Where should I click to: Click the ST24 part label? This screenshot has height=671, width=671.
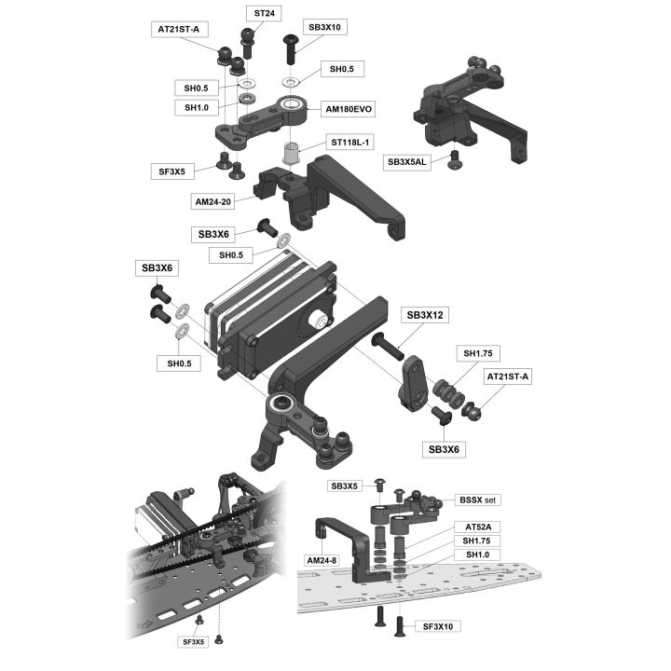(x=264, y=13)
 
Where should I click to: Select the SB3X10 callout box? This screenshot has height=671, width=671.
(x=324, y=27)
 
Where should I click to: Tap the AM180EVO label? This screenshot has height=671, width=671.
(x=349, y=109)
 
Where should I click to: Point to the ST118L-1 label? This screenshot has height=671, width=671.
(x=350, y=142)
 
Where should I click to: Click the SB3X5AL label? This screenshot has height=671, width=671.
(x=407, y=162)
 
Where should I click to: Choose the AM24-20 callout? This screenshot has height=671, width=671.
(x=212, y=201)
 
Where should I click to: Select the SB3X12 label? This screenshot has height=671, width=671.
(x=425, y=315)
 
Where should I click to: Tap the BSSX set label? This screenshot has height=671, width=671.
(x=477, y=500)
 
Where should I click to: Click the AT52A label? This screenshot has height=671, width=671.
(x=478, y=527)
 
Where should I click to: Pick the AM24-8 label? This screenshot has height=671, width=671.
(x=322, y=560)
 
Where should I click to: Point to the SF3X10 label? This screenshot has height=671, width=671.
(x=437, y=626)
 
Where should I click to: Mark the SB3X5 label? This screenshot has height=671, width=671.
(x=344, y=486)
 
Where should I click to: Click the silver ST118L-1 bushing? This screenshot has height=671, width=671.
(x=291, y=153)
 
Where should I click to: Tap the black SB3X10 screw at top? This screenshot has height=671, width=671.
(x=290, y=48)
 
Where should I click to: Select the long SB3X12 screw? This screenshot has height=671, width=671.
(x=388, y=347)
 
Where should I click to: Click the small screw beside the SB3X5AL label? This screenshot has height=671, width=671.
(x=454, y=159)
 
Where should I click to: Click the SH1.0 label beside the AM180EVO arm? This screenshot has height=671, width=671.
(x=197, y=107)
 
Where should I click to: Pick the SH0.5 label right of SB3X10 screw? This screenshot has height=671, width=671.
(x=341, y=69)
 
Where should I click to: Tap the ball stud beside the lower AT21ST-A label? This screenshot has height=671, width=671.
(x=472, y=410)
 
